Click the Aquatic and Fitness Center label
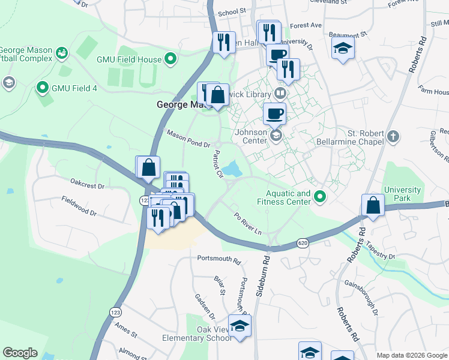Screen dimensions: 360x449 click(289, 197)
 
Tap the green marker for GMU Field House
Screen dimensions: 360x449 click(170, 59)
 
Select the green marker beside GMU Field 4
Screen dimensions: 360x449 click(42, 88)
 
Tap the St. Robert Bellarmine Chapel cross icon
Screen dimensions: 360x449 click(393, 136)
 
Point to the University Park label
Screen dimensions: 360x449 click(402, 194)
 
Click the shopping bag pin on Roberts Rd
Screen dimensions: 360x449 click(373, 205)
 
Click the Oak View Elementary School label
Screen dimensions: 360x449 click(197, 334)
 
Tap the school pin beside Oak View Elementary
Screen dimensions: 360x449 click(240, 326)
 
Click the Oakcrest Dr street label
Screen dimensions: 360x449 click(87, 180)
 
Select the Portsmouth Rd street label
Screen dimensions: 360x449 click(218, 261)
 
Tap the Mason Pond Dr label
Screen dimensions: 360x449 click(188, 139)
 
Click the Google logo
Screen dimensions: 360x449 click(20, 353)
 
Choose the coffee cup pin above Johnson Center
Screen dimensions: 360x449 click(275, 113)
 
